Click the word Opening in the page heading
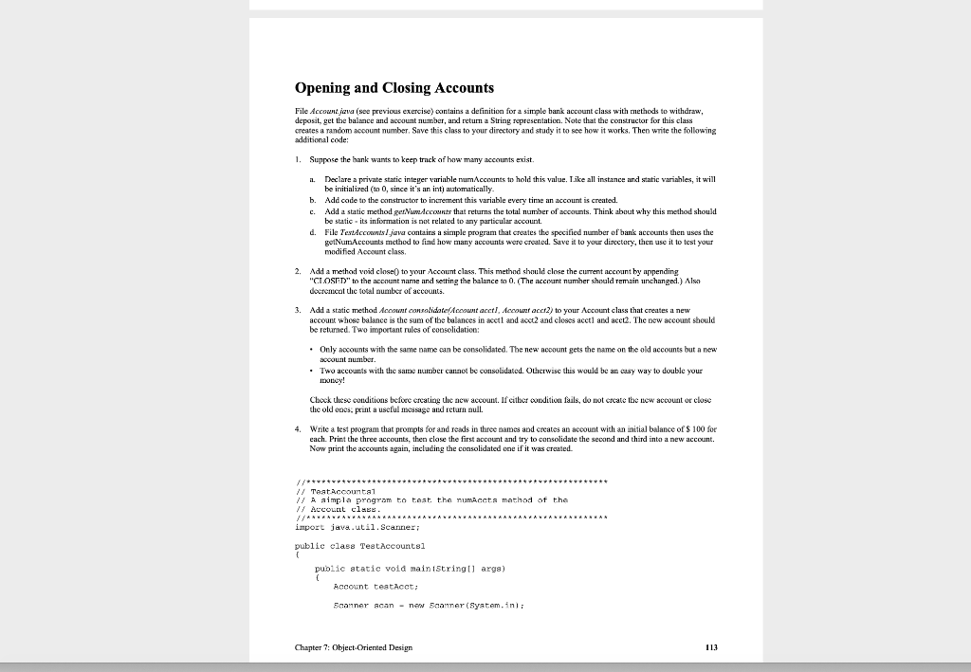tap(328, 88)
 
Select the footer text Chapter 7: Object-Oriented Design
tap(354, 647)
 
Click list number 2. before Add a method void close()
tap(298, 271)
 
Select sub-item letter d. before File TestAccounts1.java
tap(312, 232)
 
